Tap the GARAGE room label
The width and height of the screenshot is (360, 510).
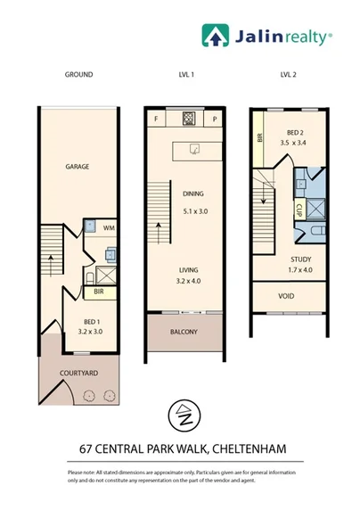[x=78, y=167]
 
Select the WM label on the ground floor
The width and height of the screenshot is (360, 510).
[x=108, y=229]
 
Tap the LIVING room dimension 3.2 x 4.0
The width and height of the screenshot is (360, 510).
[x=187, y=279]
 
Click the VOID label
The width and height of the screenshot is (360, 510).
[x=287, y=296]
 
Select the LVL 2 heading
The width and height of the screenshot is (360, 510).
[x=287, y=75]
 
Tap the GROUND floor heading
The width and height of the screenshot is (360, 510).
[x=78, y=75]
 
